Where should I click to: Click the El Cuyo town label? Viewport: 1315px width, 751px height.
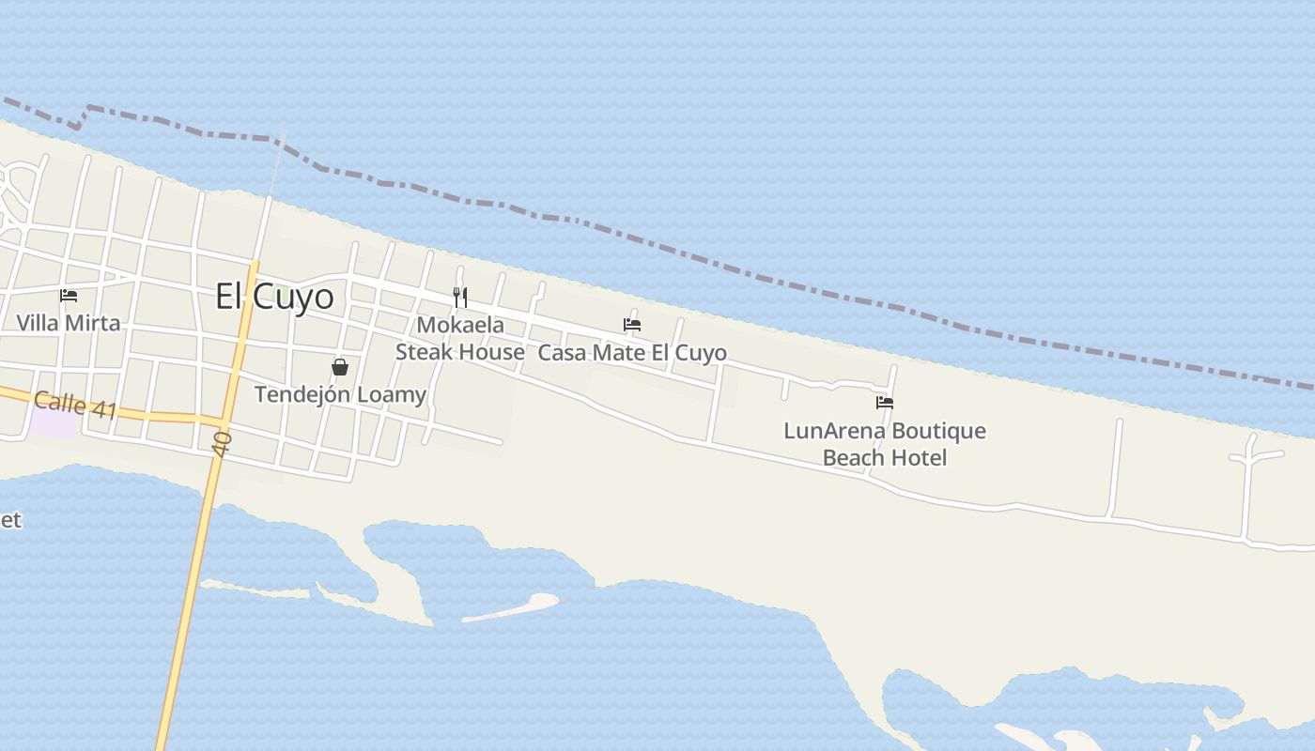pyautogui.click(x=274, y=297)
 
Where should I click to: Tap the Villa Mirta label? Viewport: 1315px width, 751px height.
pyautogui.click(x=69, y=323)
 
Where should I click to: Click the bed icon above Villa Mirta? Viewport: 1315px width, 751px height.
pyautogui.click(x=69, y=296)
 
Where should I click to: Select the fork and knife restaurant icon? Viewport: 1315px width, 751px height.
pyautogui.click(x=460, y=298)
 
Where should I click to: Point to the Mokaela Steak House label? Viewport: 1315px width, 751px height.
pyautogui.click(x=459, y=338)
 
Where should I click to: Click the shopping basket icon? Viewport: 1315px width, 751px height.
pyautogui.click(x=340, y=367)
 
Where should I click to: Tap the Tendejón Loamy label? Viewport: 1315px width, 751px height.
pyautogui.click(x=340, y=394)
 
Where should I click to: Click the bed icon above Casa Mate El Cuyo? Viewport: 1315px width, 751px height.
pyautogui.click(x=632, y=325)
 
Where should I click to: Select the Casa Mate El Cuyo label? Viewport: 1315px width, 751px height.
pyautogui.click(x=632, y=353)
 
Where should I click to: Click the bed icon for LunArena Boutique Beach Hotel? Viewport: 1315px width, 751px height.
pyautogui.click(x=884, y=403)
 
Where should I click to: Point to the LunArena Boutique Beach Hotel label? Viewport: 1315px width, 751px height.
pyautogui.click(x=885, y=444)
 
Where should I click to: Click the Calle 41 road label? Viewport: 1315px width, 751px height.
pyautogui.click(x=75, y=406)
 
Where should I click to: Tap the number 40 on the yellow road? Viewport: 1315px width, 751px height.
pyautogui.click(x=223, y=444)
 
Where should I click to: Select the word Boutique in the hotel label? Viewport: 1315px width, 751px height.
pyautogui.click(x=937, y=431)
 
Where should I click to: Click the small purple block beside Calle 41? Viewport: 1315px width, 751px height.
pyautogui.click(x=52, y=423)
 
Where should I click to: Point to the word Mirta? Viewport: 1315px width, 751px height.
pyautogui.click(x=94, y=323)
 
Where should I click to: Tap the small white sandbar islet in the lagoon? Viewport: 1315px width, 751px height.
pyautogui.click(x=513, y=606)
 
